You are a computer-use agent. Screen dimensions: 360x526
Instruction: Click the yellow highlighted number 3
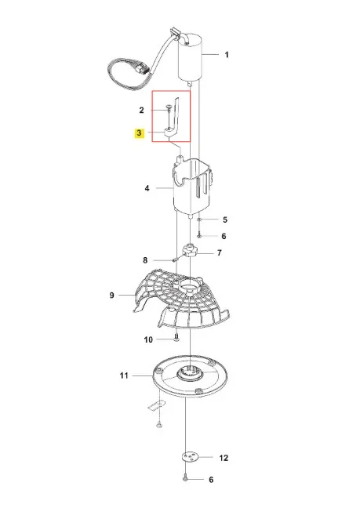140,133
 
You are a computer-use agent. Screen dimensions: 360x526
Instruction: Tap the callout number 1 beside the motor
227,55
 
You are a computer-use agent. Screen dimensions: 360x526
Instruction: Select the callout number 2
142,110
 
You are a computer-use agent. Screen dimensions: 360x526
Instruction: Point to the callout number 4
147,188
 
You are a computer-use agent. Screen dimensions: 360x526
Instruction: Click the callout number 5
225,219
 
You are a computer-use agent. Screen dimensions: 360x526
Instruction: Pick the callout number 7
220,252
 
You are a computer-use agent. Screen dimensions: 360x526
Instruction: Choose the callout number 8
145,260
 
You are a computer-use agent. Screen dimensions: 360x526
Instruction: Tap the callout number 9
111,296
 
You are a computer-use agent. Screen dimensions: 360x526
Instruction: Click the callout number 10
148,339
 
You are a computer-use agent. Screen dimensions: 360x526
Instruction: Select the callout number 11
124,375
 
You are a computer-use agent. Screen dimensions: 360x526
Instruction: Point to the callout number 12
224,458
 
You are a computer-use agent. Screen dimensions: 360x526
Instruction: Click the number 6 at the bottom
211,480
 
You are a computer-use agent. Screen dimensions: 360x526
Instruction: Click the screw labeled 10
176,338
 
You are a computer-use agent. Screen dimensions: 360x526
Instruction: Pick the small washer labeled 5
199,219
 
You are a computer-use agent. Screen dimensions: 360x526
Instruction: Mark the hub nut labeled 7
191,251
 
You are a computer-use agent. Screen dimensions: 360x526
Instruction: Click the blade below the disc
157,405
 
